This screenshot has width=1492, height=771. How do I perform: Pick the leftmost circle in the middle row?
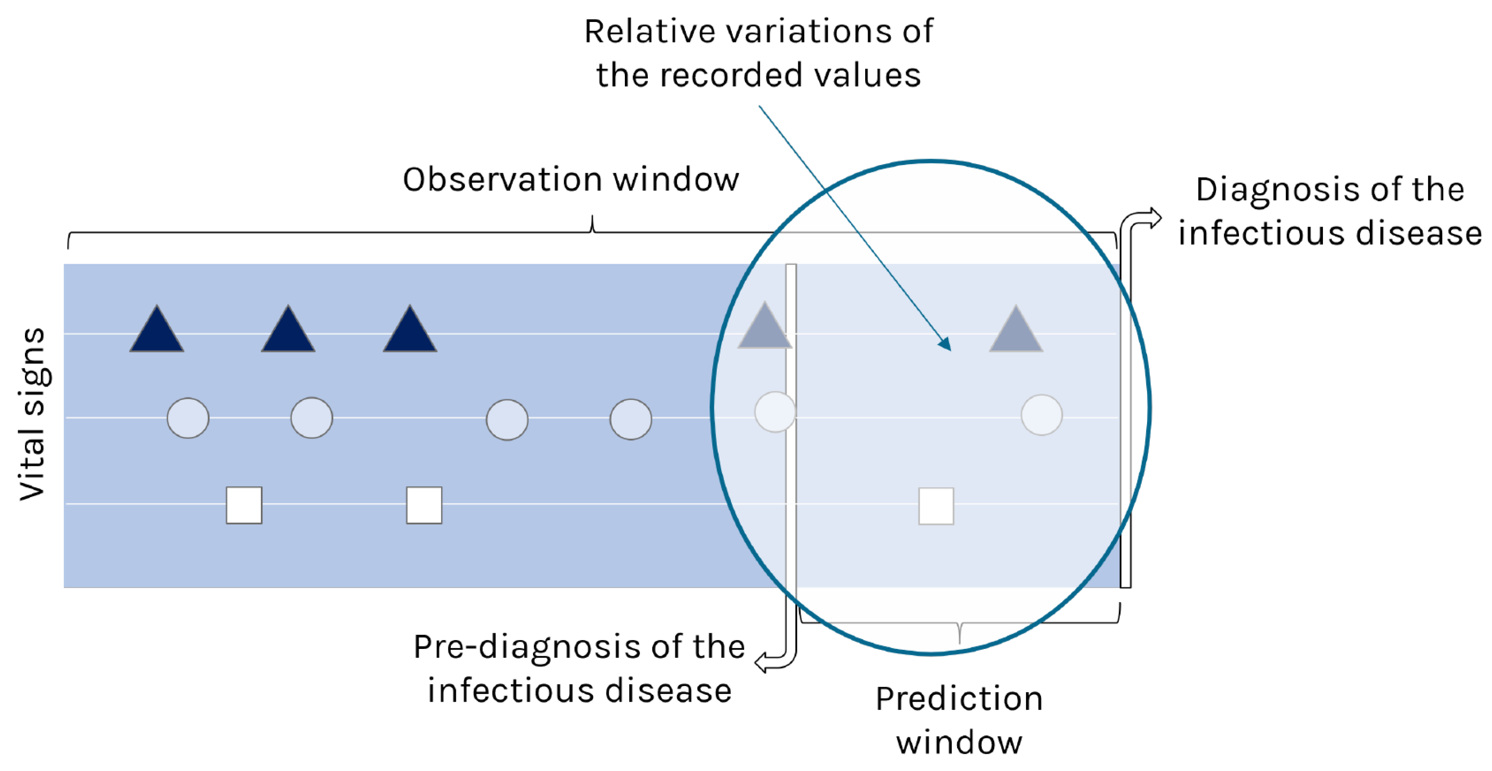(188, 418)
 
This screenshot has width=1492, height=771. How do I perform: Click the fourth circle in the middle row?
(631, 419)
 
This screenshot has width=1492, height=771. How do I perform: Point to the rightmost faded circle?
(1042, 415)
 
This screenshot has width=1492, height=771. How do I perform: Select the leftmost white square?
(244, 505)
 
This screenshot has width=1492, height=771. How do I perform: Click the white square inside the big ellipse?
(936, 506)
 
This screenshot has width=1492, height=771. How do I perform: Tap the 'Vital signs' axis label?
(32, 415)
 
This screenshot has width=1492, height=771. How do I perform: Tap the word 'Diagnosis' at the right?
(1271, 190)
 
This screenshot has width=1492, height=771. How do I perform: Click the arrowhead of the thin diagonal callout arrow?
(945, 344)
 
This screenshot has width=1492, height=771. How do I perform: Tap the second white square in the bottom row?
(424, 505)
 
